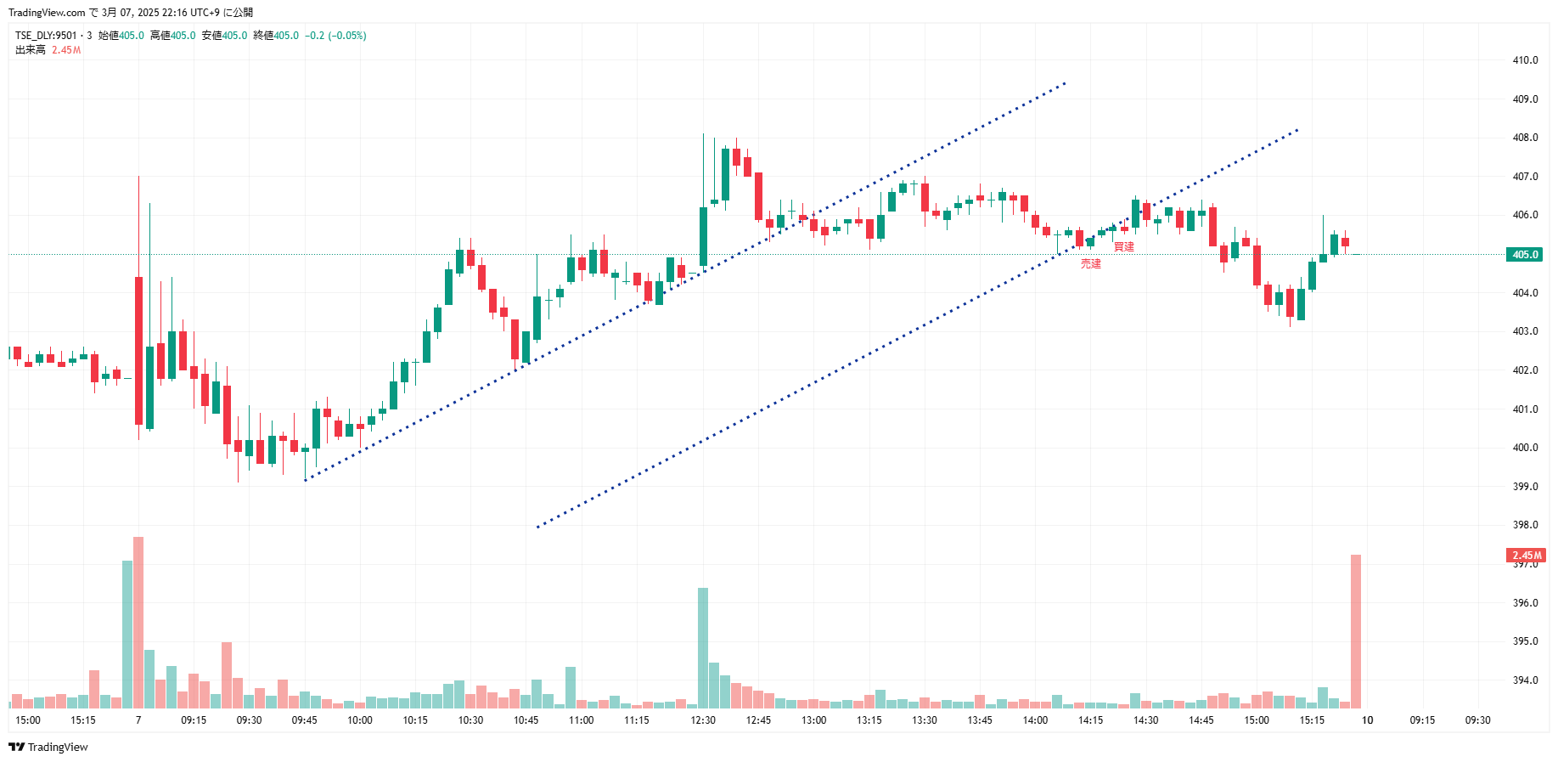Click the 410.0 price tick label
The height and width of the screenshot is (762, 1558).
pos(1525,60)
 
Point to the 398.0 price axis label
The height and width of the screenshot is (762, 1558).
pos(1525,525)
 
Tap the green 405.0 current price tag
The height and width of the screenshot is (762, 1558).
pos(1525,255)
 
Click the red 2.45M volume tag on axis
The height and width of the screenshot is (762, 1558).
pos(1526,556)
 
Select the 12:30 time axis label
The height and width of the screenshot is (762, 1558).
pos(703,720)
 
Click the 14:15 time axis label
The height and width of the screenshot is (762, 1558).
pos(1090,720)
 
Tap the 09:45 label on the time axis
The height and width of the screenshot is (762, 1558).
pos(304,720)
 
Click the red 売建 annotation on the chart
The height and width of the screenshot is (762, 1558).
pos(1090,264)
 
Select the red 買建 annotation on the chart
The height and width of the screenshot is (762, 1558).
pos(1123,247)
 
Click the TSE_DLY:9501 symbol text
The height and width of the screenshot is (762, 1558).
pos(46,36)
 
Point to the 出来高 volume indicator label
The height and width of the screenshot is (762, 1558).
pos(31,50)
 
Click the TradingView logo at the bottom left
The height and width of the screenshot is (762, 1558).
pos(48,748)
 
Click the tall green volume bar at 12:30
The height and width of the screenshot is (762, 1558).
pos(703,647)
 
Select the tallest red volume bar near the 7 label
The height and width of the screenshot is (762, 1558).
pos(138,622)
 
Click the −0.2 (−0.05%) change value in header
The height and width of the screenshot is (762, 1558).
pos(335,36)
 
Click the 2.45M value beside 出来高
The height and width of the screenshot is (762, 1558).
pos(66,50)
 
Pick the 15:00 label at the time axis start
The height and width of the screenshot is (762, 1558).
pos(28,720)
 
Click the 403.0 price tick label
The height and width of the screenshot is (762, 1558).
pos(1525,331)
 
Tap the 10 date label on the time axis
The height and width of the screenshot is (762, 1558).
pos(1367,720)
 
